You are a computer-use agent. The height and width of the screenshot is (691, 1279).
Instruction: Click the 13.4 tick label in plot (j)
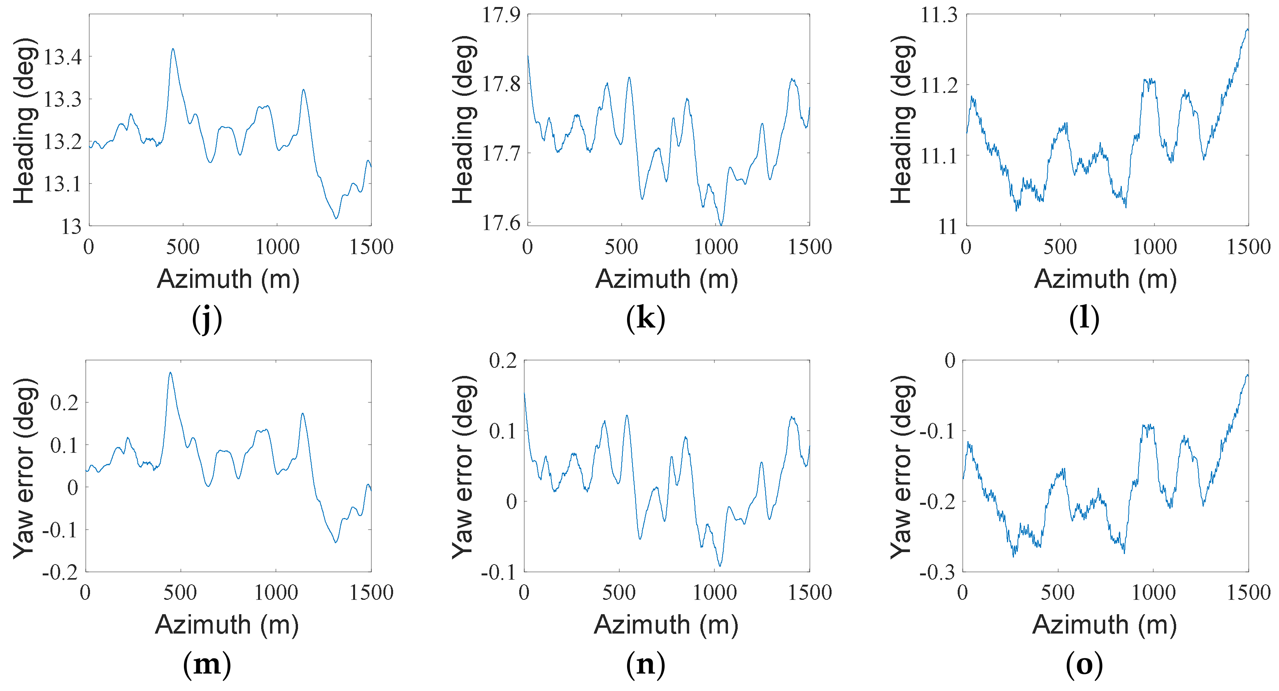click(x=62, y=57)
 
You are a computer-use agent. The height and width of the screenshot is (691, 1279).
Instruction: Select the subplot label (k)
click(x=645, y=318)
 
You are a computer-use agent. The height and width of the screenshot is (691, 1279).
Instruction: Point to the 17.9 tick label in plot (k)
click(x=501, y=15)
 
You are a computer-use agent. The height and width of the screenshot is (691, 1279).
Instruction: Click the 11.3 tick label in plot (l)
click(x=939, y=15)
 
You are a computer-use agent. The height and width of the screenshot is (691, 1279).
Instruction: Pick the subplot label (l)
click(x=1083, y=318)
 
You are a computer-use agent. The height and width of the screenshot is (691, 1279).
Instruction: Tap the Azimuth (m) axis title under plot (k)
click(x=666, y=279)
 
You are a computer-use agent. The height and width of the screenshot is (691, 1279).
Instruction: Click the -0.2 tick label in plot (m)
click(x=60, y=572)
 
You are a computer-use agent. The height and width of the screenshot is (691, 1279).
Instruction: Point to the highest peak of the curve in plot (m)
click(x=170, y=373)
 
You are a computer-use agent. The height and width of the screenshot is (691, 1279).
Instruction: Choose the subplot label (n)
click(x=645, y=664)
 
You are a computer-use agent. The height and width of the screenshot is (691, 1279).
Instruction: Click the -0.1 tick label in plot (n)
click(x=499, y=572)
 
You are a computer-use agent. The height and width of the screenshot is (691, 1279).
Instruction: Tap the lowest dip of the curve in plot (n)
click(x=720, y=565)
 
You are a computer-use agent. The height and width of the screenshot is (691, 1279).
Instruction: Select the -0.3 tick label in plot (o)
click(x=937, y=572)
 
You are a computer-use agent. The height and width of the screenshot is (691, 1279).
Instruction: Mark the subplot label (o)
click(x=1084, y=664)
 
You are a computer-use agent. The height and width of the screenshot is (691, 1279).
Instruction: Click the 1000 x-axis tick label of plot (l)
click(x=1154, y=247)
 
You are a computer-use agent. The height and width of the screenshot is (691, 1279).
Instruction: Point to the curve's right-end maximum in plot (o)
click(x=1247, y=375)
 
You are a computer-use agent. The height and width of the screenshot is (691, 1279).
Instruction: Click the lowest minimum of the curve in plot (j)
click(x=336, y=218)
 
